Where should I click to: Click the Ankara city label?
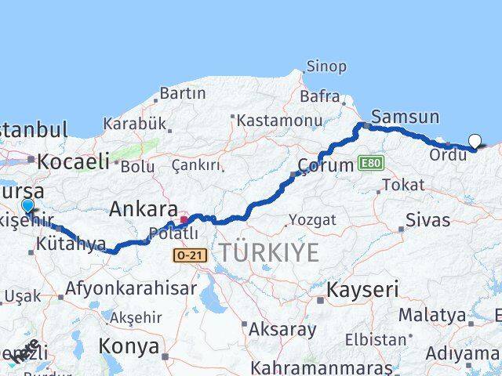click(144, 209)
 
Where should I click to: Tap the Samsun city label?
click(405, 117)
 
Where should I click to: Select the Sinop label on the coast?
click(326, 67)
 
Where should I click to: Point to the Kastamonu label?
click(279, 121)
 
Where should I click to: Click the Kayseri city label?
click(362, 289)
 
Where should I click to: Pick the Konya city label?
click(129, 345)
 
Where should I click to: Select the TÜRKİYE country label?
click(268, 252)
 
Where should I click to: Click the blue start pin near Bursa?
click(28, 206)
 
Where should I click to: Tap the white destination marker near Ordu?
click(475, 141)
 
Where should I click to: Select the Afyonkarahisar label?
click(131, 288)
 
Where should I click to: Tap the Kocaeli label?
click(73, 161)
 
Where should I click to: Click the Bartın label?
click(182, 94)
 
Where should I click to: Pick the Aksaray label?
click(282, 329)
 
